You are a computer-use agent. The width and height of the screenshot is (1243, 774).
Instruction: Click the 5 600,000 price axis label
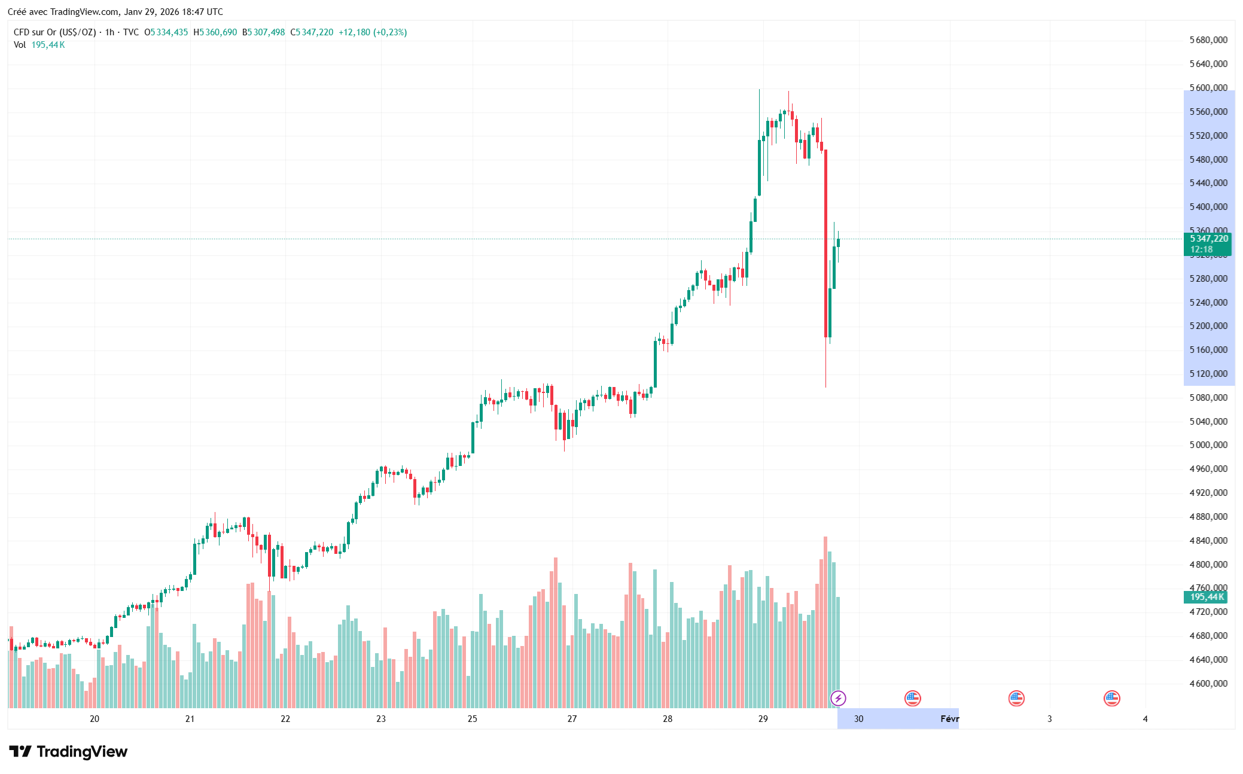[x=1208, y=88]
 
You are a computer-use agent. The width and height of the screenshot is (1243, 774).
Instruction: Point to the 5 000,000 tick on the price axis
[x=1208, y=445]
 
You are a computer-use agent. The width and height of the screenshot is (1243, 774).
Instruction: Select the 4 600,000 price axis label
[x=1208, y=683]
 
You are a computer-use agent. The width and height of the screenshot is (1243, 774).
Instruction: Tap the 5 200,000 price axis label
[x=1208, y=326]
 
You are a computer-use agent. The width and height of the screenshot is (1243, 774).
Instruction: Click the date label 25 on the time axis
[x=473, y=718]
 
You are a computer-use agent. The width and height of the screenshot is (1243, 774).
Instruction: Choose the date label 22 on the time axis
[x=285, y=718]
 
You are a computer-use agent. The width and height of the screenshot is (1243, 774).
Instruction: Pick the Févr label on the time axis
[x=949, y=718]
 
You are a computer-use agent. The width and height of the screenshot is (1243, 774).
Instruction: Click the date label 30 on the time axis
[x=858, y=718]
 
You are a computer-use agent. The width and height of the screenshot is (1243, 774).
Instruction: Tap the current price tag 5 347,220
[x=1208, y=239]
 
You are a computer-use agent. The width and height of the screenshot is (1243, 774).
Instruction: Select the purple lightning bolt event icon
[x=838, y=698]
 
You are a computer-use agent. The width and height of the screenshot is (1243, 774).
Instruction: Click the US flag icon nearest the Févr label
[x=912, y=698]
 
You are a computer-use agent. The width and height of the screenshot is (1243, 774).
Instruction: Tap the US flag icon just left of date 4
[x=1111, y=698]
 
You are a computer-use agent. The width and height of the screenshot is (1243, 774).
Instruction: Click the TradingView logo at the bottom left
[x=68, y=751]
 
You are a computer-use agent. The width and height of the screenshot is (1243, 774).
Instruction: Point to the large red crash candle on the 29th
[x=825, y=239]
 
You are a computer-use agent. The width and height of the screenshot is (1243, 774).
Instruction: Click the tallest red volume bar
[x=825, y=622]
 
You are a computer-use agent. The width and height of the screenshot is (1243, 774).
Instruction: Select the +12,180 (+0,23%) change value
[x=373, y=32]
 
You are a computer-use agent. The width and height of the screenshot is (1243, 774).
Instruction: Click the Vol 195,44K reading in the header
[x=39, y=45]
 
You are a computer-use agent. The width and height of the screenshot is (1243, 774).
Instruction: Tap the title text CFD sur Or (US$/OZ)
[x=54, y=32]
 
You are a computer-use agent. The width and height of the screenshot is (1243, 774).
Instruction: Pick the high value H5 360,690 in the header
[x=215, y=32]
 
